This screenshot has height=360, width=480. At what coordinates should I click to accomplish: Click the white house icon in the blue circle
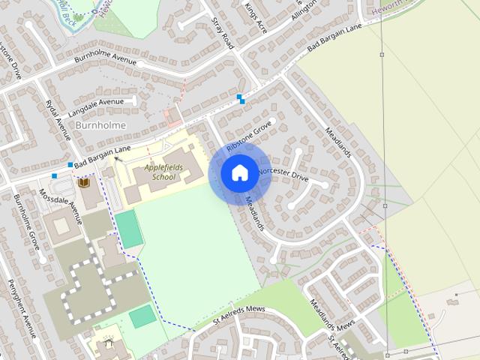coord(238,172)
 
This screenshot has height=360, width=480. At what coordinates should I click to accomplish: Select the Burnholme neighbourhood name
coord(100,124)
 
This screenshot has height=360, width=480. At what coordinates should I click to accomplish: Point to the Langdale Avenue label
coord(94,107)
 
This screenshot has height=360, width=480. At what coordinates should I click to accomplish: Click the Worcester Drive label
coord(283,175)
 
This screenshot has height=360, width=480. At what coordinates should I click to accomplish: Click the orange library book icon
coord(84,183)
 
